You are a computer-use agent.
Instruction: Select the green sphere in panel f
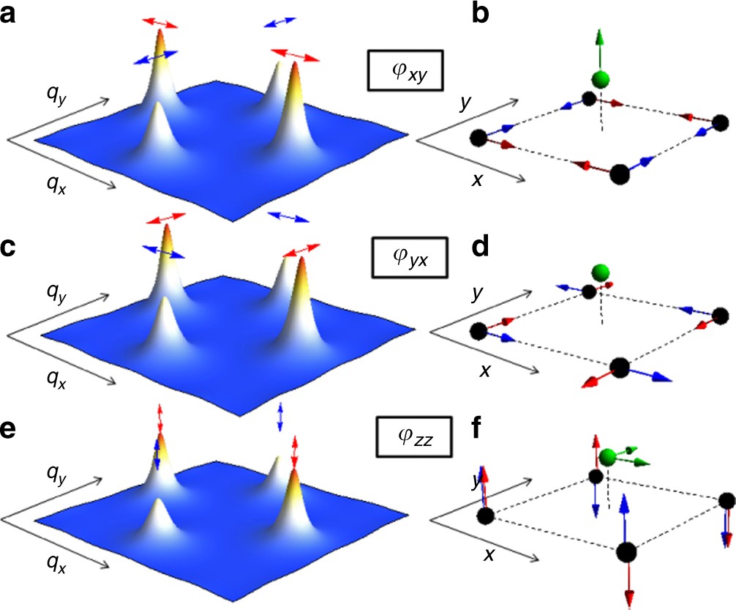[607, 459]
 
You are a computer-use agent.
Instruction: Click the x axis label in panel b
[476, 178]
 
